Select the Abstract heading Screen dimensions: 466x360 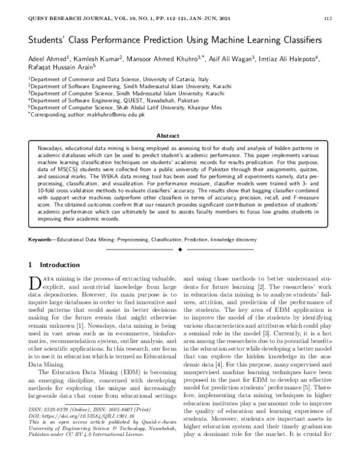(179, 135)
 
